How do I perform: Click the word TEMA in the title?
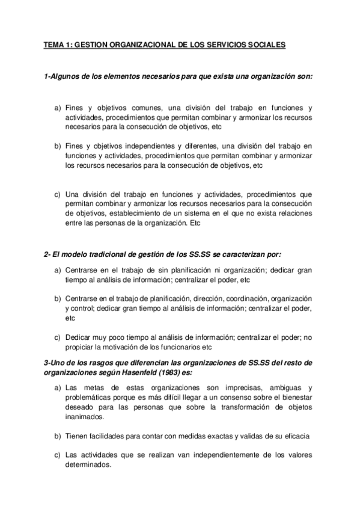coord(55,45)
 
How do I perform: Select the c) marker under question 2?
coord(58,337)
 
